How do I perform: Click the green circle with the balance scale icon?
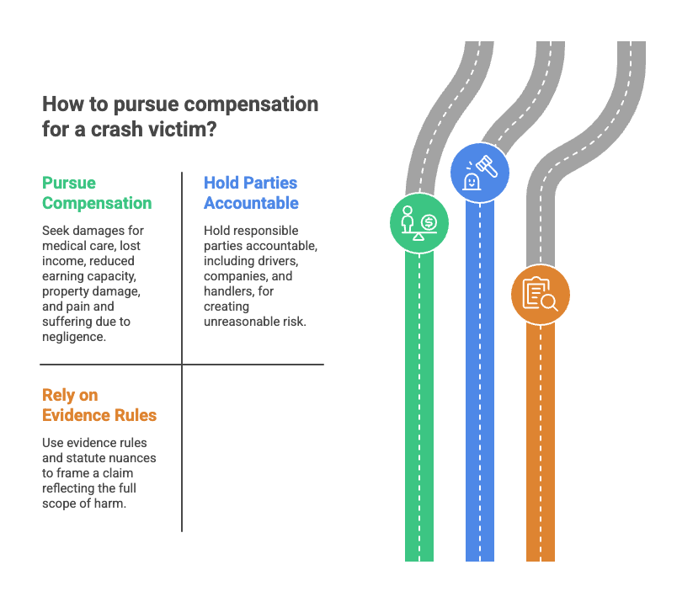[x=418, y=223]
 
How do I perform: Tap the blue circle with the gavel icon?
[x=480, y=173]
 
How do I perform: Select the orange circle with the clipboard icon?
[x=540, y=295]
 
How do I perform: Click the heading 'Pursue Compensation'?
[x=97, y=193]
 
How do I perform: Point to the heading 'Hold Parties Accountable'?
[x=251, y=193]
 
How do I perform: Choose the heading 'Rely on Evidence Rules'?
[x=99, y=405]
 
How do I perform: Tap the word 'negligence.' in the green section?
[x=74, y=337]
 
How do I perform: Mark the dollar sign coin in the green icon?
[x=429, y=223]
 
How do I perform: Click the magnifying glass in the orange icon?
[x=550, y=302]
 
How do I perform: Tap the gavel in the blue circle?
[x=487, y=166]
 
